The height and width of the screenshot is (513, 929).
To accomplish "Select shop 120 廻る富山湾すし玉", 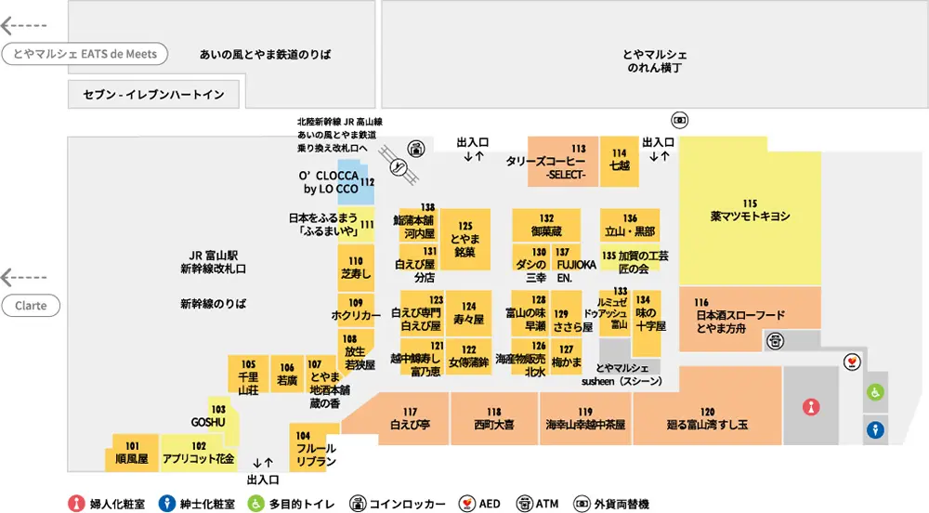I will (x=707, y=419).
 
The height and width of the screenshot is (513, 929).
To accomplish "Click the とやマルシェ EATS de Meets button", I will (x=85, y=54).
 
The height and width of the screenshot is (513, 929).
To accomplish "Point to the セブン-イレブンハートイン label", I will (x=153, y=95).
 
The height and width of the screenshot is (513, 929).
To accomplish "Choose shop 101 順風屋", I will (x=132, y=453).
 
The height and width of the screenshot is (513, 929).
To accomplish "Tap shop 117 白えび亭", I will (x=410, y=419).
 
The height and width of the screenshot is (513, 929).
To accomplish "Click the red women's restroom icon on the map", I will (x=812, y=406).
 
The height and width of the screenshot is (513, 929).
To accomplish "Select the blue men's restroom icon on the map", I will (x=875, y=430).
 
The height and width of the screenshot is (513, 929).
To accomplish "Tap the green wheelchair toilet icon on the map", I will (x=875, y=393).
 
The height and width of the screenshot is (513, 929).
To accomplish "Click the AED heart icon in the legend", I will (x=468, y=504).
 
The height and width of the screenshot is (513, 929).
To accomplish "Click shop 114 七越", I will (x=620, y=160).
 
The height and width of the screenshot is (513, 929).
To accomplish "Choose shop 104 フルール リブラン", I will (x=313, y=449).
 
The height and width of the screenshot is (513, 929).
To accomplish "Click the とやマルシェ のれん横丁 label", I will (x=654, y=61).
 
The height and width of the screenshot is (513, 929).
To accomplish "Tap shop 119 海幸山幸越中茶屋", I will (x=584, y=419).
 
